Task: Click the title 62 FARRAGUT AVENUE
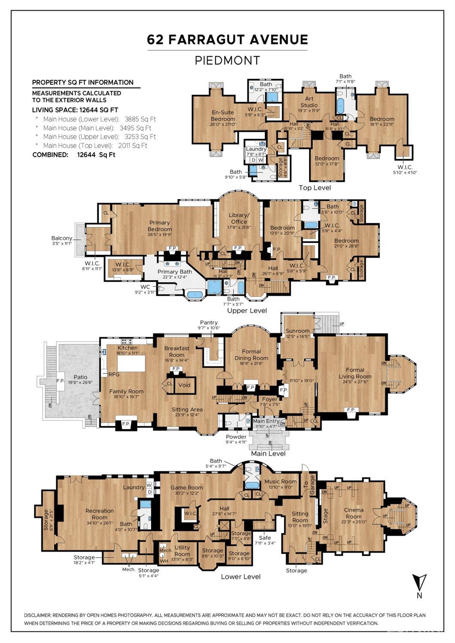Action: click(227, 39)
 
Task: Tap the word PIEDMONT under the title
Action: click(227, 61)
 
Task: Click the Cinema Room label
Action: click(354, 513)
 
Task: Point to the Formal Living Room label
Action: click(355, 373)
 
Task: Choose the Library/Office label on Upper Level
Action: click(239, 218)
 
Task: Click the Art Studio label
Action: click(309, 102)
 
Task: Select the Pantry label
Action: click(209, 323)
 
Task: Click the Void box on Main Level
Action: click(185, 385)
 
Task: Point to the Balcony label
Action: click(62, 238)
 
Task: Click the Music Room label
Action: click(280, 482)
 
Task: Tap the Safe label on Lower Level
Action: click(265, 537)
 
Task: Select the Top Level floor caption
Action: click(315, 188)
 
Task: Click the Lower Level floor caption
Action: click(241, 576)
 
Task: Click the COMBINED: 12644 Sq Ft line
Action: click(74, 155)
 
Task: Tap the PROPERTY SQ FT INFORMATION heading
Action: click(83, 82)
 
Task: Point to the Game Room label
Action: click(187, 488)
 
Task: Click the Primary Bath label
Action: click(175, 272)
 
